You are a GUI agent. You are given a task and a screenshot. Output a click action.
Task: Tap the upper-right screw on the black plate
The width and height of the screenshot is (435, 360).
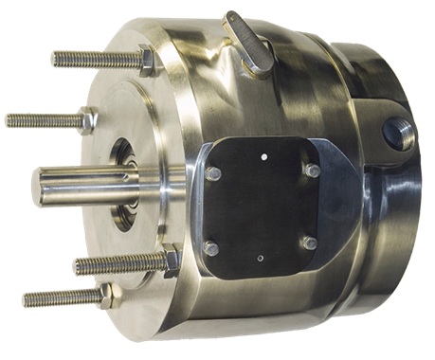click(x=310, y=171)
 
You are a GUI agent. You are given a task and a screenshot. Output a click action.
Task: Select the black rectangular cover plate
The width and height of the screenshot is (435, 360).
click(x=261, y=204)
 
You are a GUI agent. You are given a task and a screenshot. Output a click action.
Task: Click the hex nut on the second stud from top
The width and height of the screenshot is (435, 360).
click(x=86, y=121)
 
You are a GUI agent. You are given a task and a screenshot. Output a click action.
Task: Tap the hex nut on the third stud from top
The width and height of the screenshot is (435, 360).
click(x=170, y=260)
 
